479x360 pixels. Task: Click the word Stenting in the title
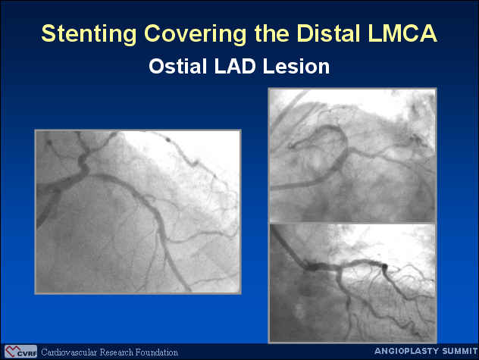[x=89, y=33]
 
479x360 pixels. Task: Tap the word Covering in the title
[x=196, y=33]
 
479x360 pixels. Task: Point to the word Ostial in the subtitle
[x=177, y=66]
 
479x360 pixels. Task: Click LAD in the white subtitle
[x=235, y=66]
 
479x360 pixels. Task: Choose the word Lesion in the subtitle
[x=296, y=66]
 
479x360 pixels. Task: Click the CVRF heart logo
[x=20, y=352]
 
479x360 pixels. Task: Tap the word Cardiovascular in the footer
[x=69, y=352]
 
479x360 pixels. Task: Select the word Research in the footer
[x=117, y=352]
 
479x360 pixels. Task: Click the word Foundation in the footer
[x=157, y=352]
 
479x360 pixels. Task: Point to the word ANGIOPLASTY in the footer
[x=407, y=351]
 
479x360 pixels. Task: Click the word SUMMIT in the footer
[x=460, y=351]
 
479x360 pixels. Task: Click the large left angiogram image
[x=138, y=211]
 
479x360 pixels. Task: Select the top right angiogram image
[x=352, y=155]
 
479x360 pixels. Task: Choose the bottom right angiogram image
[x=352, y=283]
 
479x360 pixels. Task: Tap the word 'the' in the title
[x=271, y=33]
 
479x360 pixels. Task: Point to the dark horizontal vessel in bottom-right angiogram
[x=345, y=265]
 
